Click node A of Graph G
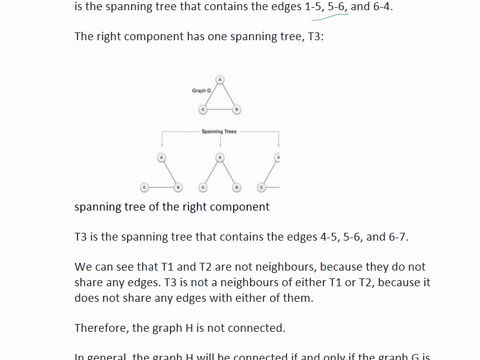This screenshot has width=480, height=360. pyautogui.click(x=219, y=79)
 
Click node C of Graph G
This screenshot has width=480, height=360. pyautogui.click(x=202, y=109)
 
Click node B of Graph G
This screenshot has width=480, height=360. pyautogui.click(x=236, y=109)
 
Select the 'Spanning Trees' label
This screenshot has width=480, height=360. pyautogui.click(x=219, y=131)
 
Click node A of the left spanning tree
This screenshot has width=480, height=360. pyautogui.click(x=161, y=157)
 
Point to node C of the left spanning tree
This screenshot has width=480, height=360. pyautogui.click(x=144, y=187)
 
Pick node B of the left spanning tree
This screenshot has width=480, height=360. pyautogui.click(x=178, y=187)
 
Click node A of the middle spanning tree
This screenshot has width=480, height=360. pyautogui.click(x=219, y=157)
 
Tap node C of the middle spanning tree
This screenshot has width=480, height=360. pyautogui.click(x=202, y=187)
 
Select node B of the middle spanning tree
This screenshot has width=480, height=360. pyautogui.click(x=236, y=187)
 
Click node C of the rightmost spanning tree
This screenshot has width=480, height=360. pyautogui.click(x=261, y=187)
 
